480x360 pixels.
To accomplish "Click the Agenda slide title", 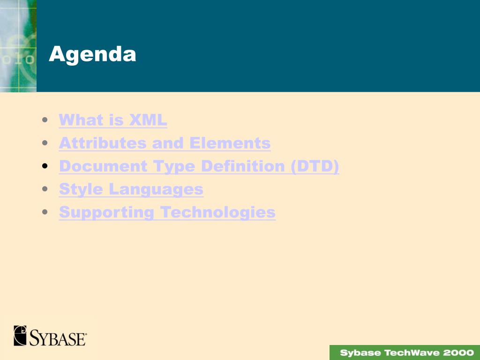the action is pyautogui.click(x=92, y=54).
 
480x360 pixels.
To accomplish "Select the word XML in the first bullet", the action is pyautogui.click(x=148, y=120).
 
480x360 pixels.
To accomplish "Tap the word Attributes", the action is pyautogui.click(x=103, y=143).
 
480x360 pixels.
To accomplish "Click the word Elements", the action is pyautogui.click(x=230, y=143).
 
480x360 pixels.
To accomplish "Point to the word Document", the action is pyautogui.click(x=103, y=166).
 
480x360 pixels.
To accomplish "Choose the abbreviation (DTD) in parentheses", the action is pyautogui.click(x=315, y=166).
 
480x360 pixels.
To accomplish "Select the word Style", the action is pyautogui.click(x=81, y=189).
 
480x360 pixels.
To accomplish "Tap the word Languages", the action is pyautogui.click(x=156, y=189).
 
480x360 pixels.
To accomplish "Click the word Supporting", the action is pyautogui.click(x=106, y=212).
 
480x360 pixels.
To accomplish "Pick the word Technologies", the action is pyautogui.click(x=217, y=212).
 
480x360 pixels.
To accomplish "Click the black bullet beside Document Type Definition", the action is pyautogui.click(x=45, y=166).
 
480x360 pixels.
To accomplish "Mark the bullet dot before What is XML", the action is pyautogui.click(x=45, y=120).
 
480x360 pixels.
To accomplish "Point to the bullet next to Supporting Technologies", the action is pyautogui.click(x=45, y=212).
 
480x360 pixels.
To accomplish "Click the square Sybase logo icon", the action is pyautogui.click(x=20, y=336).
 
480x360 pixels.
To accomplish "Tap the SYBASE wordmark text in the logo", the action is pyautogui.click(x=58, y=338).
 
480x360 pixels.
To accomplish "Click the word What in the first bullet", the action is pyautogui.click(x=81, y=120).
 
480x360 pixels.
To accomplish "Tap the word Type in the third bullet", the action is pyautogui.click(x=174, y=167).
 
